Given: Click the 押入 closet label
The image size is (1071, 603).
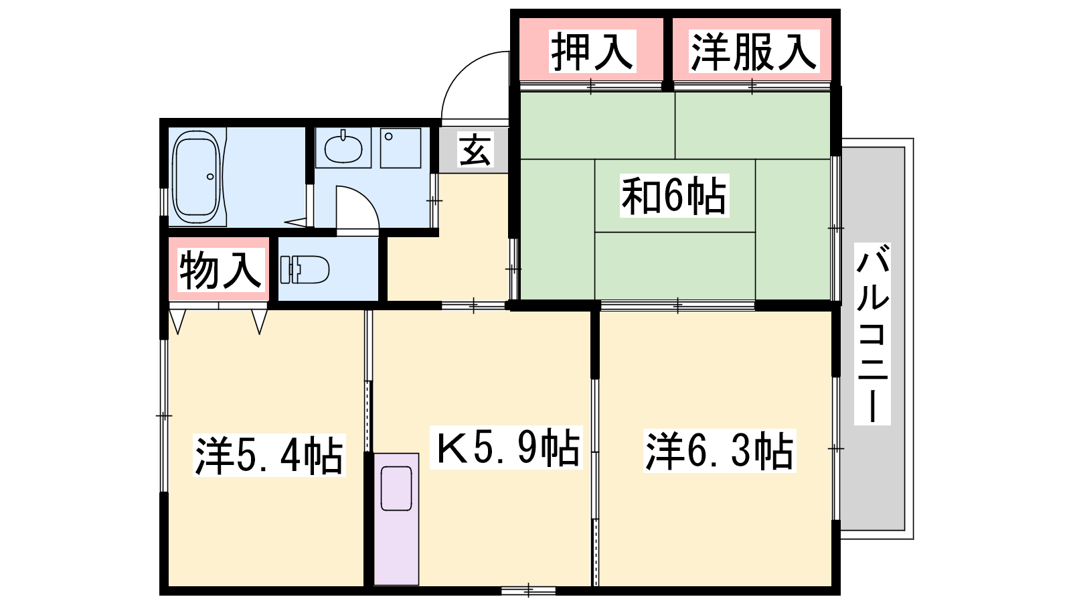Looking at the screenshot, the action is [592, 51].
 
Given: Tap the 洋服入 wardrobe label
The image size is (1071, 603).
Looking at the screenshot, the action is [754, 51].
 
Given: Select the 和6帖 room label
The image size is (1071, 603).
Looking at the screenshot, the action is [674, 195].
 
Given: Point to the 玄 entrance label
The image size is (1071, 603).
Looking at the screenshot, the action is [475, 150].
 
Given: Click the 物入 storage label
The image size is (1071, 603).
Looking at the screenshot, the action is [221, 270].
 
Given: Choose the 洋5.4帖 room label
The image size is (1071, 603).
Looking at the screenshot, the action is [269, 455].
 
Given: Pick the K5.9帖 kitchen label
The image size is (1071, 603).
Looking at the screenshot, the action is [506, 447].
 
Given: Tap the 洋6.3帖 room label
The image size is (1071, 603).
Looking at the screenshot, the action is [720, 451].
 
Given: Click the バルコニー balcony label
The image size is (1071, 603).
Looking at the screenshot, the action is [873, 334].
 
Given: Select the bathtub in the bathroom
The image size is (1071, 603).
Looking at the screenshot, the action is [197, 176].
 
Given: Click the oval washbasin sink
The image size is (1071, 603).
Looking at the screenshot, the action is [343, 148].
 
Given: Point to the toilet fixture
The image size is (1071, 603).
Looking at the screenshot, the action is [305, 270].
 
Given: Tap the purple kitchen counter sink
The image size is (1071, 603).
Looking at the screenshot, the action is [396, 488].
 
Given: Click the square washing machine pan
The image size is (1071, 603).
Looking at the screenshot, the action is [401, 148].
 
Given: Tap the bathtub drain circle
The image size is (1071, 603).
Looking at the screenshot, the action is [210, 177].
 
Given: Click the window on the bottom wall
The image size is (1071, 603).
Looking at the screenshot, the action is [528, 590].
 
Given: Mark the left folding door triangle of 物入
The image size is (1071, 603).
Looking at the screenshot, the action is [177, 321].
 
